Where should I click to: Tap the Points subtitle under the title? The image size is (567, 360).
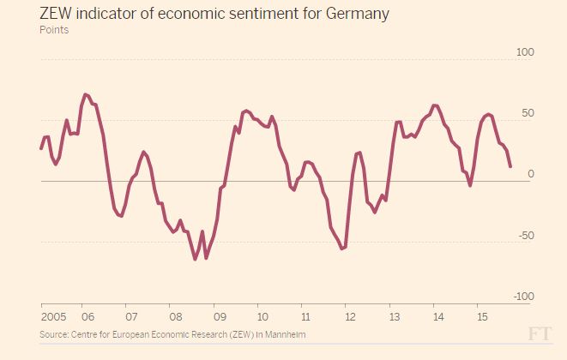[x=54, y=30]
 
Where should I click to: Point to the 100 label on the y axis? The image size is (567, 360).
[x=525, y=52]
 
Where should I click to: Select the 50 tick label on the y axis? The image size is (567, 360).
[x=528, y=113]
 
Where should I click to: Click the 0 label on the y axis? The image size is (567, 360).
[x=531, y=174]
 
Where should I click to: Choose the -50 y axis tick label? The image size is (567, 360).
[x=527, y=236]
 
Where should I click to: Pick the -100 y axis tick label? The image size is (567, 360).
[x=523, y=297]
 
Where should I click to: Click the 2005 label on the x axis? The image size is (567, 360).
[x=53, y=315]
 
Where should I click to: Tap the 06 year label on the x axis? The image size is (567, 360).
[x=87, y=315]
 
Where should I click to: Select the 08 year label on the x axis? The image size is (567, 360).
[x=175, y=315]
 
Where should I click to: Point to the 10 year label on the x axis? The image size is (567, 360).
[x=262, y=315]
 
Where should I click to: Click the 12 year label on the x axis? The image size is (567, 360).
[x=350, y=315]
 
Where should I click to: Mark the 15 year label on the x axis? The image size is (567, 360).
[x=481, y=315]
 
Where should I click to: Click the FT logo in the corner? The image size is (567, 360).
[x=540, y=334]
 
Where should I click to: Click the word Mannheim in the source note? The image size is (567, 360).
[x=284, y=333]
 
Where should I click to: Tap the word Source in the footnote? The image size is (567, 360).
[x=55, y=333]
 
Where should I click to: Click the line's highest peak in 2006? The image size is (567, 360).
[x=85, y=94]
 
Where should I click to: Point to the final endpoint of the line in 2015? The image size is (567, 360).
[x=510, y=166]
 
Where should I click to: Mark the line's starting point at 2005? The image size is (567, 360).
[x=41, y=148]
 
